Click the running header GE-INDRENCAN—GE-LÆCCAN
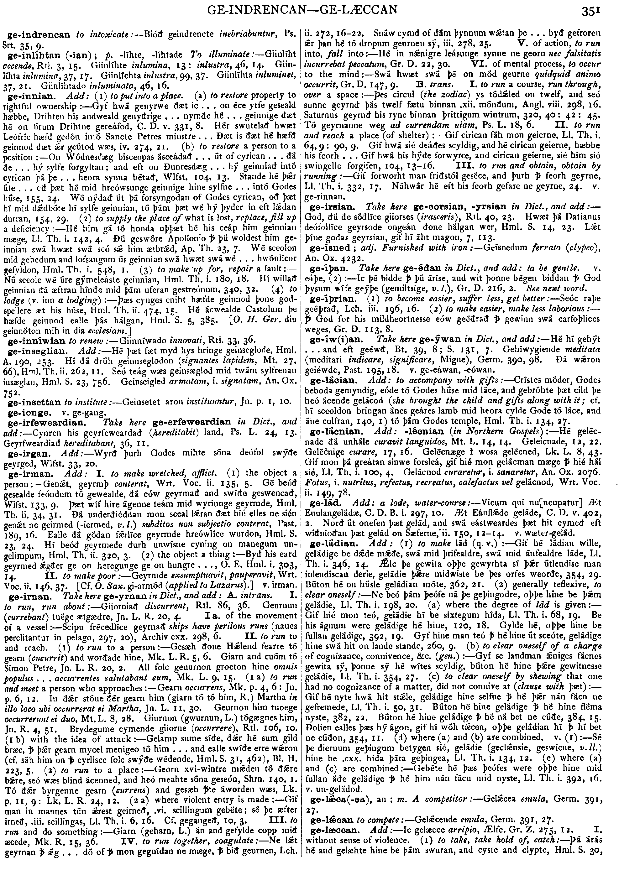(302, 9)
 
